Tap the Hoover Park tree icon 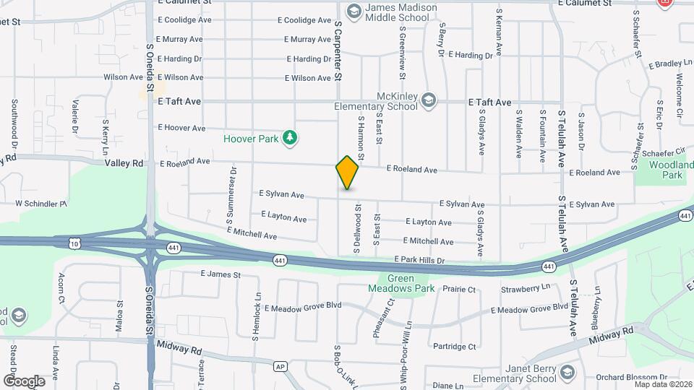[289, 137]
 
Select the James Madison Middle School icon [354, 11]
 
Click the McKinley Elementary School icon [429, 100]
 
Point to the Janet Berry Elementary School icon [567, 372]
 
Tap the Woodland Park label [666, 170]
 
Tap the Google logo [24, 381]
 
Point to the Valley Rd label [124, 163]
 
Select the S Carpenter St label [338, 50]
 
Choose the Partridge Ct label [453, 347]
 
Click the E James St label [220, 274]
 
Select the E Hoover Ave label [181, 128]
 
